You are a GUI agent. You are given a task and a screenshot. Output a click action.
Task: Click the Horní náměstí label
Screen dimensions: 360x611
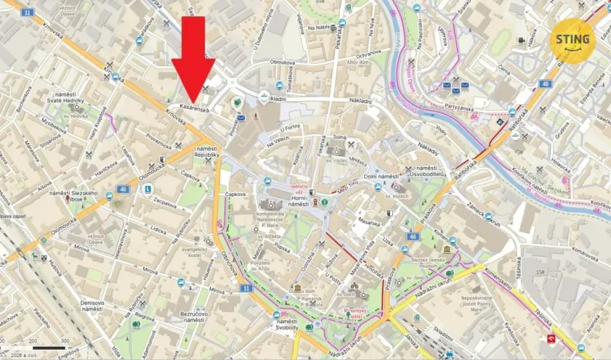[276, 200]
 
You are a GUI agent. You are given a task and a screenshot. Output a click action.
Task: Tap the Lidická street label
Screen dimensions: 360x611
[158, 230]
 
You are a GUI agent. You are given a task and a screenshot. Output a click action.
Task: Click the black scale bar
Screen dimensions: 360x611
[50, 348]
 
